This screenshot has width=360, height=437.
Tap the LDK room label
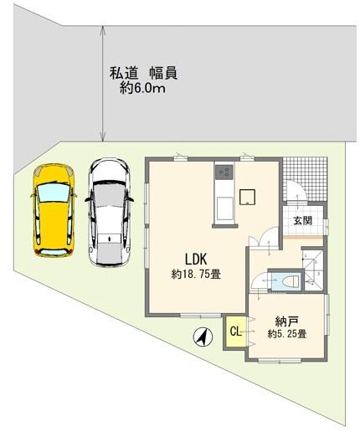coord(185,258)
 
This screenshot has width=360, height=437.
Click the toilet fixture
coord(289,281)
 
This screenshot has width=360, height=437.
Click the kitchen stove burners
coord(224,173)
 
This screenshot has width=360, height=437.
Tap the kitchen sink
coord(224,208)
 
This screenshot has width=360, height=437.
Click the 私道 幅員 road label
coord(143,74)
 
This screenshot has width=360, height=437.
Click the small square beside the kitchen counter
coord(249,197)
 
